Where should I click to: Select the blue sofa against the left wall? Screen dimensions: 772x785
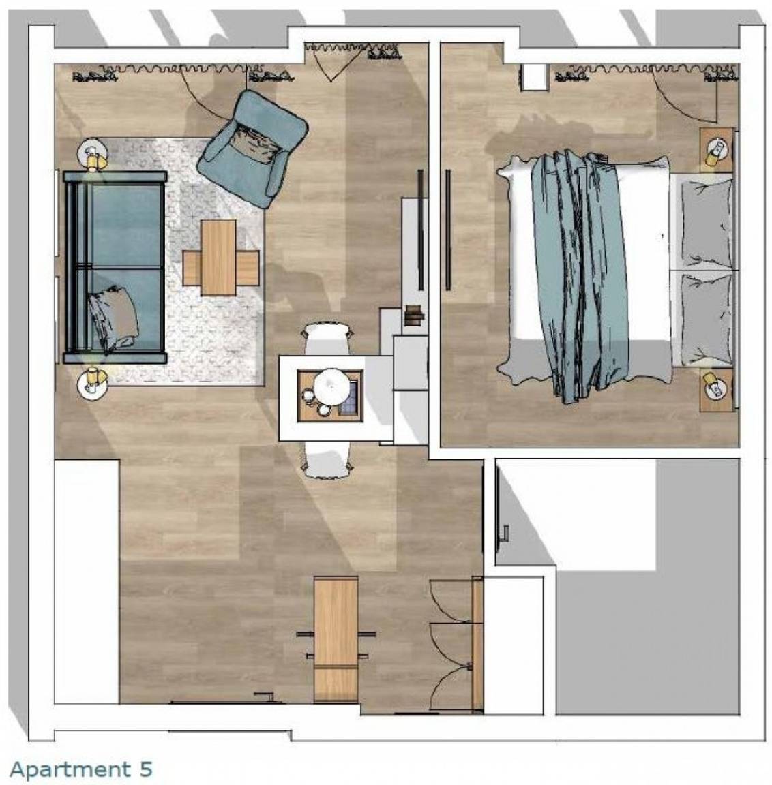[115, 267]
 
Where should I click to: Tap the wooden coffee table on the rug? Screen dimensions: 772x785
[220, 258]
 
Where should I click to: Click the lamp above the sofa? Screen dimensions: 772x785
[93, 155]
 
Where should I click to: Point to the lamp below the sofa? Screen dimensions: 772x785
[93, 382]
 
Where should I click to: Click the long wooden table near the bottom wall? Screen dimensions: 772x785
[336, 638]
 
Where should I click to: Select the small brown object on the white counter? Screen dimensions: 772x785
[415, 314]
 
